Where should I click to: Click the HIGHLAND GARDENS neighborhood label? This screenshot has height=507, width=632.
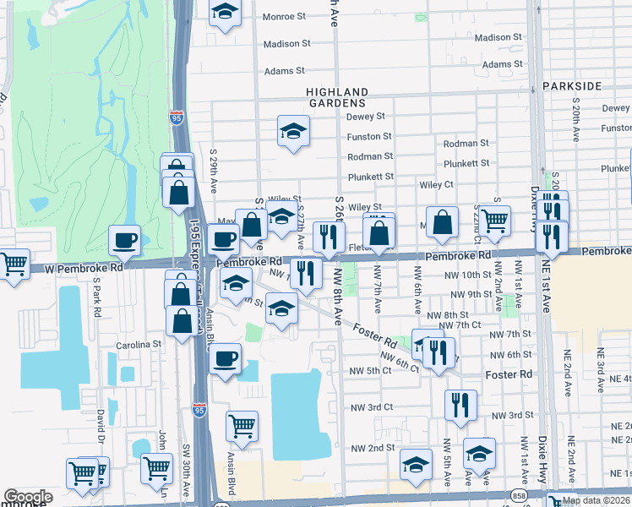point(337,98)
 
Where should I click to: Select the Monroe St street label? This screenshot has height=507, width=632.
point(284,16)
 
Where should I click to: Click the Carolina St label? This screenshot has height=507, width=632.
point(139,345)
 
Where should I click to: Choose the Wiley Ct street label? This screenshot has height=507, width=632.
point(436,184)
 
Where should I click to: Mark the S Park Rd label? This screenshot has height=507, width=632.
point(98,306)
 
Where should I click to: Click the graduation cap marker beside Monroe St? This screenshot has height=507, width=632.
point(224,13)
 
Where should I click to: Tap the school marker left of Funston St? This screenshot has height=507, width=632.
point(293,131)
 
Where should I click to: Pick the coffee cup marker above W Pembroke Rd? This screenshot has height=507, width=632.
point(124,240)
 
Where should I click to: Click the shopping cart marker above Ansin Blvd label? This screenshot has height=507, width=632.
point(242,425)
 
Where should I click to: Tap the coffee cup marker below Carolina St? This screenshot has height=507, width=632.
point(224,360)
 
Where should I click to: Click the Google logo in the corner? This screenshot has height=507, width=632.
point(28,497)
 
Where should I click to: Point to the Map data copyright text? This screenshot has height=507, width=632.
point(596,500)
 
